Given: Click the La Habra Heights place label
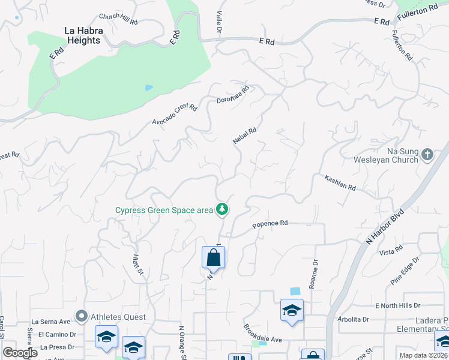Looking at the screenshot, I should click(x=83, y=35).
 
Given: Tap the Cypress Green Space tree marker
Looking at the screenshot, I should click(x=223, y=209).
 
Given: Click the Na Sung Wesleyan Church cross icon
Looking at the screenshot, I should click(x=427, y=155).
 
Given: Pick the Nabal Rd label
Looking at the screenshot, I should click(x=245, y=135).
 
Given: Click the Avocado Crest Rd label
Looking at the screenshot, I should click(x=175, y=114).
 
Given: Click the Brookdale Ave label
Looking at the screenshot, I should click(x=262, y=334).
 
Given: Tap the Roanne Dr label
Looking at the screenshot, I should click(x=313, y=274).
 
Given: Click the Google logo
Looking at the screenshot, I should click(x=20, y=353).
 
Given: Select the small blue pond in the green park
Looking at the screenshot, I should click(x=148, y=88).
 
